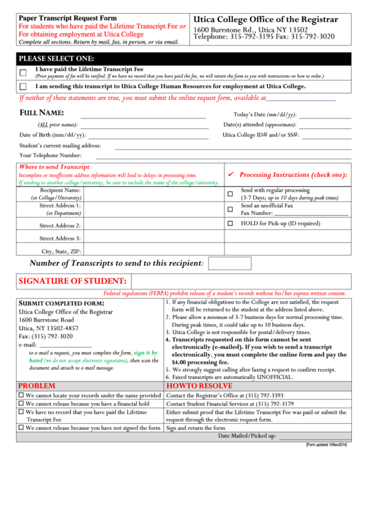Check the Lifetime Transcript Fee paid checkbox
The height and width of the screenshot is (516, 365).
pyautogui.click(x=23, y=72)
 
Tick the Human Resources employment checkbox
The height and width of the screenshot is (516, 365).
pyautogui.click(x=23, y=87)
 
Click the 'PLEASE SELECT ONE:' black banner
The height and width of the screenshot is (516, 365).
pyautogui.click(x=56, y=58)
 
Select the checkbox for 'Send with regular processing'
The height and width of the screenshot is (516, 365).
pyautogui.click(x=230, y=194)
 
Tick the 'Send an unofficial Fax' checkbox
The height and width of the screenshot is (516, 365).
pyautogui.click(x=230, y=209)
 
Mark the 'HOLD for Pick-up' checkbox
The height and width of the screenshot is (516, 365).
pyautogui.click(x=230, y=224)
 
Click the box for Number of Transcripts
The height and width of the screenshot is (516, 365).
pyautogui.click(x=229, y=263)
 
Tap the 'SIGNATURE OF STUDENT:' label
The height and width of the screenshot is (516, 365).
pyautogui.click(x=72, y=281)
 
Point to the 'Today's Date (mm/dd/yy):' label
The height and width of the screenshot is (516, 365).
pyautogui.click(x=265, y=114)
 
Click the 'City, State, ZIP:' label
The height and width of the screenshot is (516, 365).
pyautogui.click(x=61, y=251)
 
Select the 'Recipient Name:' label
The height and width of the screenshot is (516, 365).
pyautogui.click(x=60, y=190)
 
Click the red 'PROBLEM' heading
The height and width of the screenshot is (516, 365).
pyautogui.click(x=37, y=386)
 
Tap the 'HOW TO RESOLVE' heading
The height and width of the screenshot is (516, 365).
pyautogui.click(x=200, y=386)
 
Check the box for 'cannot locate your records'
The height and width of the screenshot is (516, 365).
pyautogui.click(x=21, y=395)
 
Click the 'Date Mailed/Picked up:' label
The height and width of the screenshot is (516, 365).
pyautogui.click(x=247, y=436)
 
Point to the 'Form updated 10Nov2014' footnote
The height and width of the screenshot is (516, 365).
pyautogui.click(x=326, y=445)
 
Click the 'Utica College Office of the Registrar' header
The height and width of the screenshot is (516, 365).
pyautogui.click(x=266, y=19)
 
